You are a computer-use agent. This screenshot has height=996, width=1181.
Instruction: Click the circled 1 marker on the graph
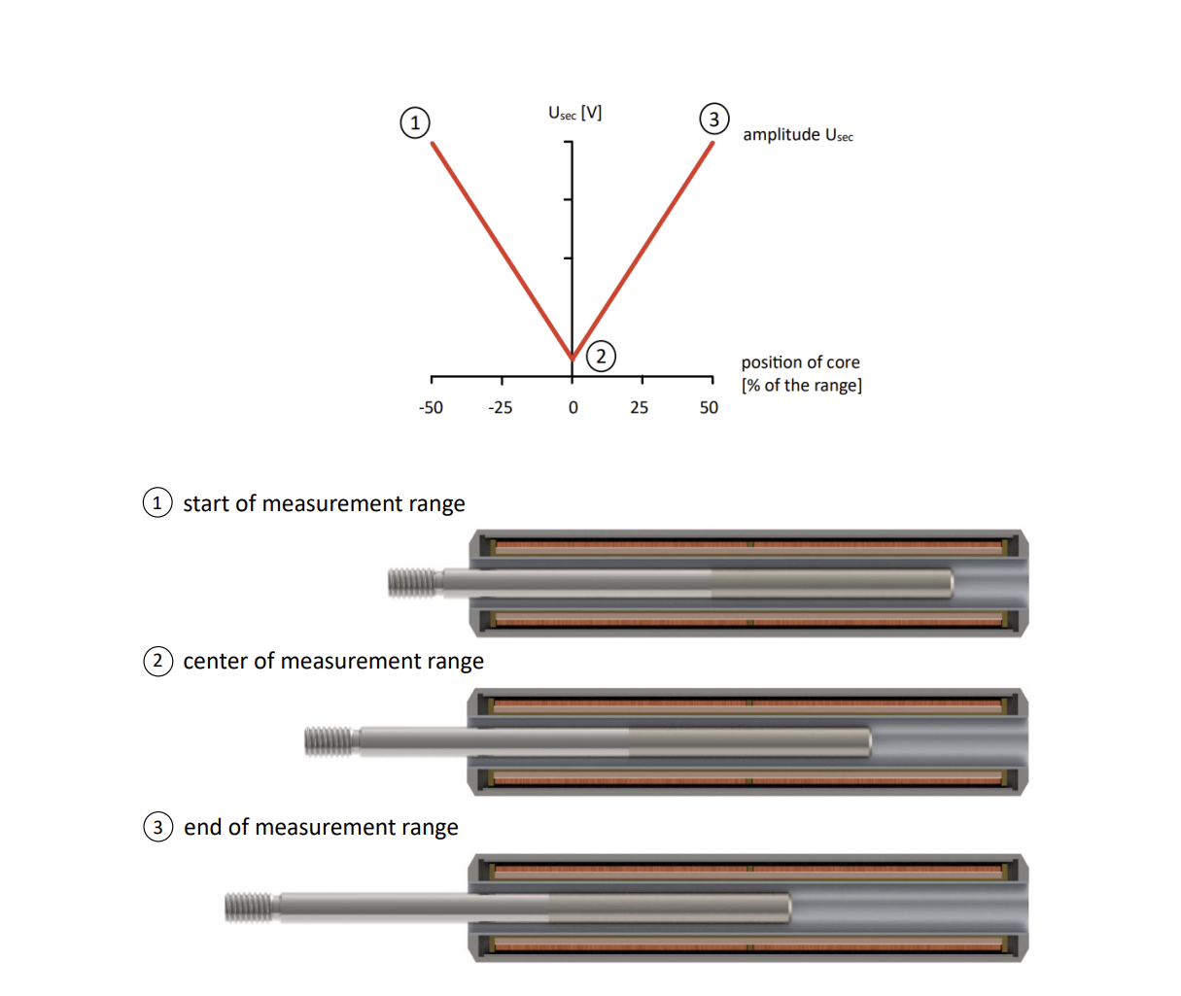[415, 123]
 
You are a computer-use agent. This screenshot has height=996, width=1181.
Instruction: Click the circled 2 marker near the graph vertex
[601, 356]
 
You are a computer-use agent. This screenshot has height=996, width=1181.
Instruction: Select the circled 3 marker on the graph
[713, 120]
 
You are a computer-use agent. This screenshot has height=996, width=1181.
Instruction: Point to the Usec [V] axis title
[574, 114]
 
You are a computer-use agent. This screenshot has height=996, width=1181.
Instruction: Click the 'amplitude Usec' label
[797, 135]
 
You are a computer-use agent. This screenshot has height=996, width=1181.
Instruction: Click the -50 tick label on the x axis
[431, 408]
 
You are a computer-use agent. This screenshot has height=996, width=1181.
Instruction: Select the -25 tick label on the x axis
[501, 408]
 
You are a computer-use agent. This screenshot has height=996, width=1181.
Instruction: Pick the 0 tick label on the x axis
[573, 408]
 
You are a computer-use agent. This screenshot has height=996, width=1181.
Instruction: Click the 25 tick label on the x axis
[639, 408]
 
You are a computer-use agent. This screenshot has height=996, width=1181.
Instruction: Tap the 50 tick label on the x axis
[709, 408]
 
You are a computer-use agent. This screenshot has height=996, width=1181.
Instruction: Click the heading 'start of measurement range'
[324, 503]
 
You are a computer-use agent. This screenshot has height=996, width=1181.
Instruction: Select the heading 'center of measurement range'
[333, 661]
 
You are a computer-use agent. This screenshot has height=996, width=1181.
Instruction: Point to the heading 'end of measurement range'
[321, 827]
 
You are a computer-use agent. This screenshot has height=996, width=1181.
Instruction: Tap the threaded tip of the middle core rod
[329, 741]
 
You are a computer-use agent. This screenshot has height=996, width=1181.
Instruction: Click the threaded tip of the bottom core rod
[249, 907]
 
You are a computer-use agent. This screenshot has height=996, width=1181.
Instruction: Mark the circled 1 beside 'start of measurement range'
[157, 502]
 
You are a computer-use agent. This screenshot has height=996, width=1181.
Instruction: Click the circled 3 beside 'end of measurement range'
[157, 827]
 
